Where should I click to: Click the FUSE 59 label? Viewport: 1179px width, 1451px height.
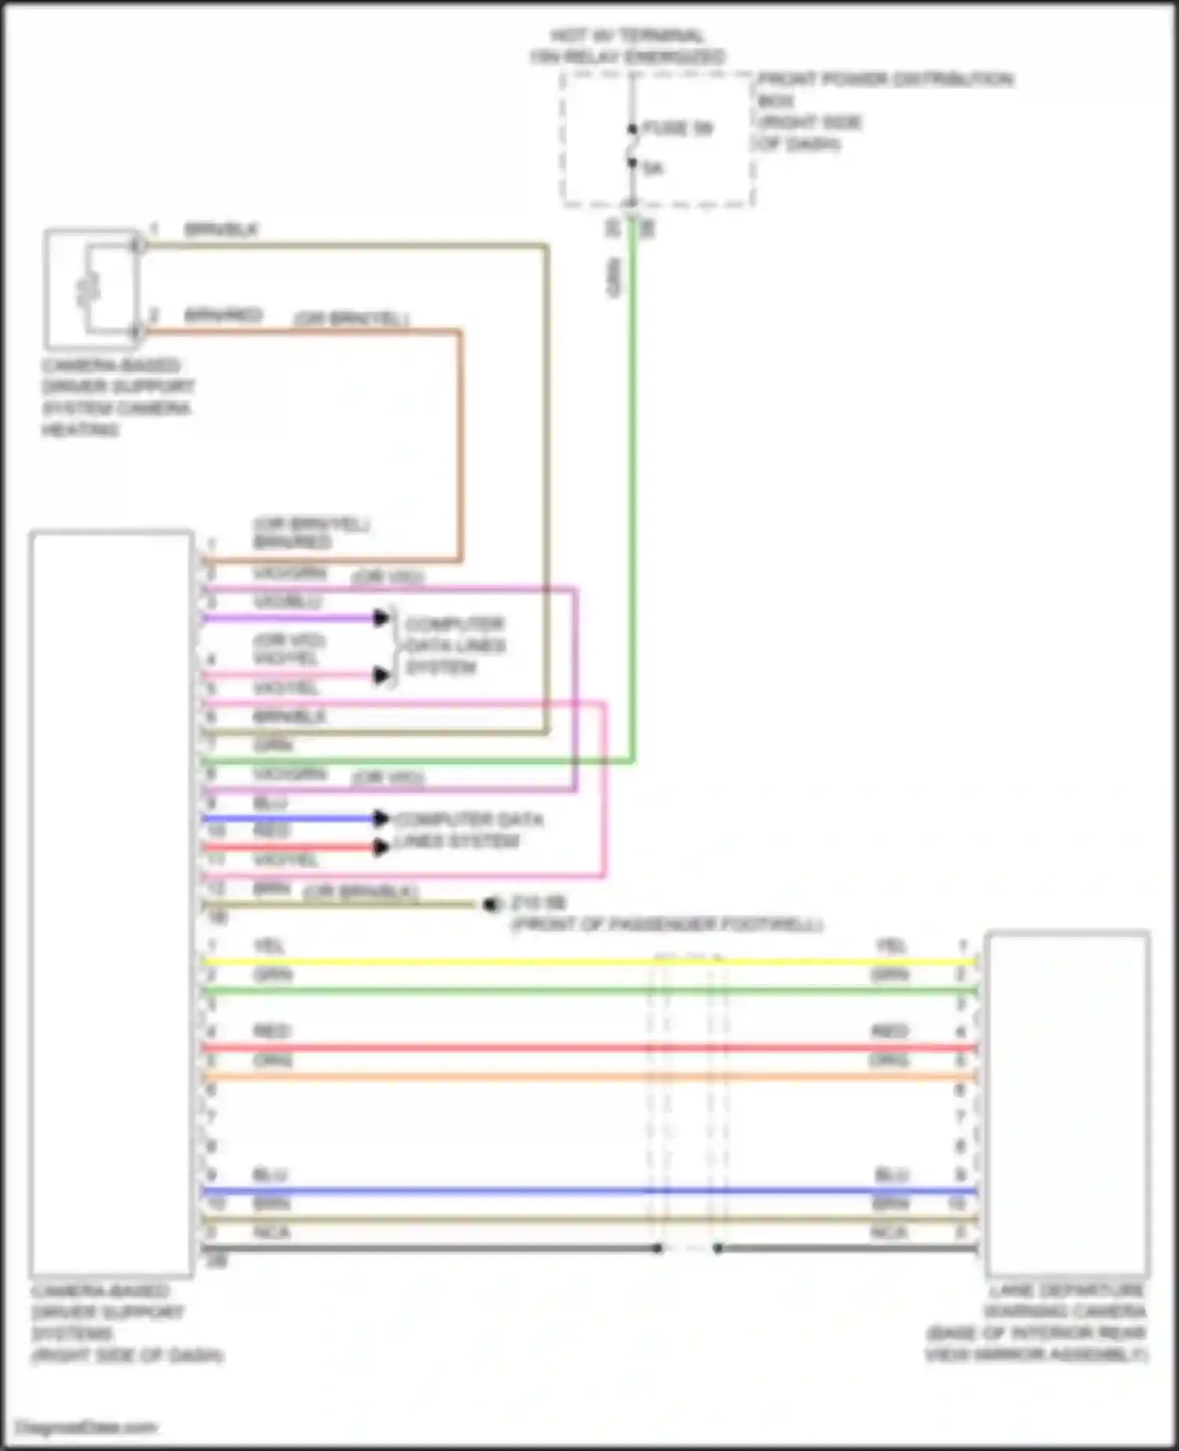(x=678, y=128)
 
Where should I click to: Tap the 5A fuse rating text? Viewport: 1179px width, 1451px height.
(x=653, y=168)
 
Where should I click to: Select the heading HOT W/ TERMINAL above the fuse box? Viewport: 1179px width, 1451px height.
(x=627, y=36)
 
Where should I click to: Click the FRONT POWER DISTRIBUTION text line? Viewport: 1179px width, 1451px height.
(x=885, y=79)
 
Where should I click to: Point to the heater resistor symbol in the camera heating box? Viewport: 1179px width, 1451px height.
(x=89, y=288)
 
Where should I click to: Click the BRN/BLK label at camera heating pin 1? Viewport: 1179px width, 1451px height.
(x=221, y=230)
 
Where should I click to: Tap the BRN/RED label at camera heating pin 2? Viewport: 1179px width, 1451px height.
(x=222, y=315)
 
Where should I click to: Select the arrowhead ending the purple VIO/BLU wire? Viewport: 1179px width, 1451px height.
(x=382, y=618)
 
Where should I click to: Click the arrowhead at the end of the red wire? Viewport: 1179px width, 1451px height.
(x=381, y=847)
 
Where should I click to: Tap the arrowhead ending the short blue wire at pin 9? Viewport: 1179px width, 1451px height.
(x=381, y=819)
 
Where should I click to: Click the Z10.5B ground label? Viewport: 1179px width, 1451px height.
(x=538, y=902)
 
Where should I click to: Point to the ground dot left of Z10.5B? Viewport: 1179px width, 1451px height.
(x=490, y=905)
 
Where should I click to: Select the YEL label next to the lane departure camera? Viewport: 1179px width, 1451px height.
(x=891, y=946)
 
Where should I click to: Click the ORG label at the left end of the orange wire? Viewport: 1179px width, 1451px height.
(x=272, y=1060)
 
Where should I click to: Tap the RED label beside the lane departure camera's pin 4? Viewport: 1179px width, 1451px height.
(x=890, y=1031)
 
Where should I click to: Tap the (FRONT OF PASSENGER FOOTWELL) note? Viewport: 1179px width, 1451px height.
(x=667, y=924)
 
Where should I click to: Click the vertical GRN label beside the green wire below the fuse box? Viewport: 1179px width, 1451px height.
(x=615, y=279)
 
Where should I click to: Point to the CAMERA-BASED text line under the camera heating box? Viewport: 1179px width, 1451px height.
(x=111, y=366)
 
